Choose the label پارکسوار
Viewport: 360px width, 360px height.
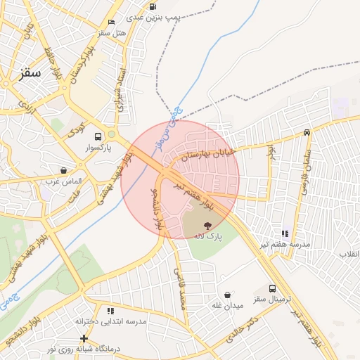click(96, 149)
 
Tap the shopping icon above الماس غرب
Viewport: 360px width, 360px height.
click(64, 170)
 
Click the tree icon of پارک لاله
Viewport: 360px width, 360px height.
click(208, 225)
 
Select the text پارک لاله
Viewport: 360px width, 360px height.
click(208, 237)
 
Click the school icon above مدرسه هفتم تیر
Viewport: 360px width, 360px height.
click(284, 233)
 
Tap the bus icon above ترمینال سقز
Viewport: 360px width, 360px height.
click(272, 288)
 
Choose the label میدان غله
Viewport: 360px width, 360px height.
click(227, 306)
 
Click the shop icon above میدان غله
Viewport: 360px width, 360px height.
click(227, 295)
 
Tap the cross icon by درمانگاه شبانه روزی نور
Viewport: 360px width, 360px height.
click(84, 338)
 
